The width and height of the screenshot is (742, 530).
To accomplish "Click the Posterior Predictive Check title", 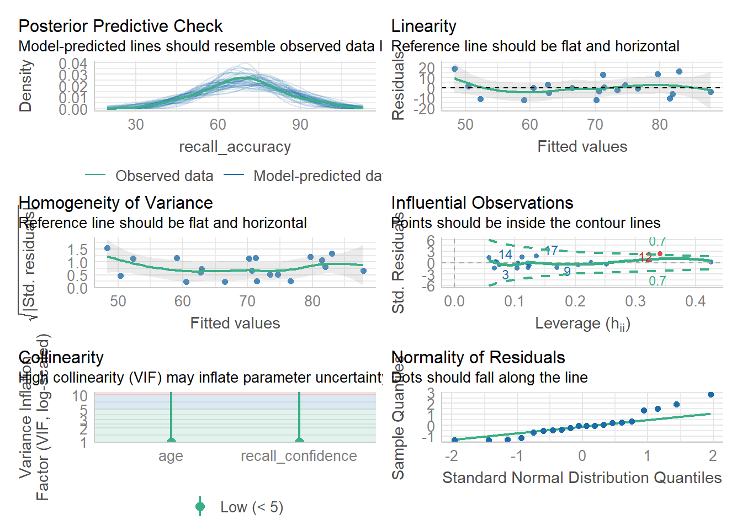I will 120,26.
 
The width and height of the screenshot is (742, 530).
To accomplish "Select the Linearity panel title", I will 423,26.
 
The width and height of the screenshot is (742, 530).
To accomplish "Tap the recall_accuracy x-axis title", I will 235,147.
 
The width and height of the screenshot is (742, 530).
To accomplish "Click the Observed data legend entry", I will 164,176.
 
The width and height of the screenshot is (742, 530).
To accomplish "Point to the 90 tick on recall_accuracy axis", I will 300,125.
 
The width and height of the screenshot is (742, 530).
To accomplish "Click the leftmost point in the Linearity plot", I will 454,69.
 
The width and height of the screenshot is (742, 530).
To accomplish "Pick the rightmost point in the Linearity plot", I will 711,92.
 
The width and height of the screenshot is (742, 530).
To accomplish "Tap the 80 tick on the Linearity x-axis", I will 659,125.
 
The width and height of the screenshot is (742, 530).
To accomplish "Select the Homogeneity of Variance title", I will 115,203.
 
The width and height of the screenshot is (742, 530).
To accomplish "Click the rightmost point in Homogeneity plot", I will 363,271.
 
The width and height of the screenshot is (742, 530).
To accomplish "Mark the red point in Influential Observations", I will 660,253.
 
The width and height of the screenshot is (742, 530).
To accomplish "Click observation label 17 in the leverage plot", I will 551,251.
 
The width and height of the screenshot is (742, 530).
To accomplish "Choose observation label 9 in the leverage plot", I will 567,272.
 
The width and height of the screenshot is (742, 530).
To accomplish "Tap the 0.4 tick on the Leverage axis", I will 695,301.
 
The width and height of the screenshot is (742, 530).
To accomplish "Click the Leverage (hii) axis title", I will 582,324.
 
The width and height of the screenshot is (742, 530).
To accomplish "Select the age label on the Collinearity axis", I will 171,457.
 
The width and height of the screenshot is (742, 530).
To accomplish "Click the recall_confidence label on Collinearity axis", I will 299,456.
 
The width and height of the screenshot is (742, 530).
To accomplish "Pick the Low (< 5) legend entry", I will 251,507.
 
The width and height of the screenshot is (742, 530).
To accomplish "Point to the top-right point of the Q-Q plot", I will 711,395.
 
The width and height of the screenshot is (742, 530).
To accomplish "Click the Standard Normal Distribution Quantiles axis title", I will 582,478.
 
